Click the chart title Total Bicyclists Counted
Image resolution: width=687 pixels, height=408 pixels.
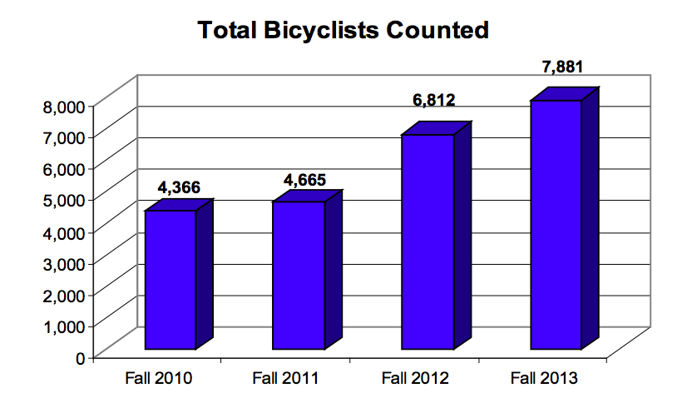342,31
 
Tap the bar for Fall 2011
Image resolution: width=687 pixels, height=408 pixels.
299,275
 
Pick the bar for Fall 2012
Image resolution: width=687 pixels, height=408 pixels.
428,241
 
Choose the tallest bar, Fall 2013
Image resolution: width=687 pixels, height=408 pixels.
556,225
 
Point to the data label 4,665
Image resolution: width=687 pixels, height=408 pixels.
305,179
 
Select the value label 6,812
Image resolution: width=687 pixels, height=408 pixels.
434,101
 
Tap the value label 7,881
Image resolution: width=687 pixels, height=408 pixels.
561,67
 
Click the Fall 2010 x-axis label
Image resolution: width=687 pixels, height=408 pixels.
159,378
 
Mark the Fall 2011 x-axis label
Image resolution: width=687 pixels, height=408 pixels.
287,378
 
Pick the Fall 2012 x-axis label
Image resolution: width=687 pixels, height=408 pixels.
415,378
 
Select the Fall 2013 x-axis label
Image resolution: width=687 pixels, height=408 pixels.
543,378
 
